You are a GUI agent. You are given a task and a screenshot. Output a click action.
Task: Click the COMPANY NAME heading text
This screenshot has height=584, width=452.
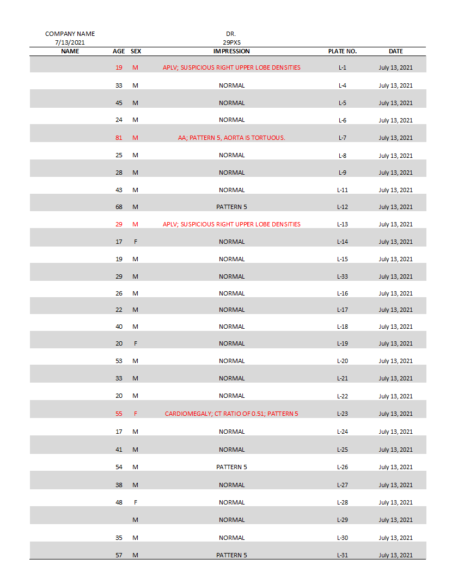(70, 34)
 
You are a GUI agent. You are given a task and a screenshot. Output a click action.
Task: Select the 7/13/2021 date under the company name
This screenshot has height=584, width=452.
(70, 42)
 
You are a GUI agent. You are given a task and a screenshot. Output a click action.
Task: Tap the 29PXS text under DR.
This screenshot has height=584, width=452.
(231, 42)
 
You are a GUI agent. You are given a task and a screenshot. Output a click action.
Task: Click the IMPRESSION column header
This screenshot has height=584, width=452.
(231, 51)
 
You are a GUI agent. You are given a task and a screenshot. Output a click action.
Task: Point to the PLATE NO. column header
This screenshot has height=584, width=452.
(342, 51)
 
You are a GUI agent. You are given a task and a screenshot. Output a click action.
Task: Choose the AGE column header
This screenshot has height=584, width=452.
(119, 51)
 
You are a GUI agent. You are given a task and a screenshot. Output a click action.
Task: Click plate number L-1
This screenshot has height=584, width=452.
(342, 68)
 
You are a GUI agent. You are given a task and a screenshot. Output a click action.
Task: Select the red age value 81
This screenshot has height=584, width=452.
(119, 138)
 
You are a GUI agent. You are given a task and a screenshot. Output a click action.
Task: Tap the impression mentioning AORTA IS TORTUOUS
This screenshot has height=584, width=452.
(231, 138)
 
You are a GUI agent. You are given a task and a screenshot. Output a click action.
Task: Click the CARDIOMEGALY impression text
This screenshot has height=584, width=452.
(231, 414)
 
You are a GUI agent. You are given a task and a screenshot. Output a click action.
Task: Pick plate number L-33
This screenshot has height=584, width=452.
(342, 276)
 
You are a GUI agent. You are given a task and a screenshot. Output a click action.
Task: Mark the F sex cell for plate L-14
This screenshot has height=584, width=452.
(135, 242)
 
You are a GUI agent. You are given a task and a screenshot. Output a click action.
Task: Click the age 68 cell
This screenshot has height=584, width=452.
(119, 207)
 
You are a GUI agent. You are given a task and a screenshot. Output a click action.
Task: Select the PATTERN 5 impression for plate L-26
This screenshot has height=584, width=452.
(231, 467)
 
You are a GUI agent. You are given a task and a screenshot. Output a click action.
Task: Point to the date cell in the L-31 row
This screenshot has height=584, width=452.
(395, 555)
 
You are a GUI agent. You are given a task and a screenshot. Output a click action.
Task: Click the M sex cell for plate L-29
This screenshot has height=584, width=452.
(135, 520)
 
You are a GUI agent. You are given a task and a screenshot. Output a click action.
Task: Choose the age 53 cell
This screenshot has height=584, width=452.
(119, 361)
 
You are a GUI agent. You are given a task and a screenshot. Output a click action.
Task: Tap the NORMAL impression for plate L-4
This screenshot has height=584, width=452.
(231, 85)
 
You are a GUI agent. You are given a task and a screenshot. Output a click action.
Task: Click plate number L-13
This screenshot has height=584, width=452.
(342, 224)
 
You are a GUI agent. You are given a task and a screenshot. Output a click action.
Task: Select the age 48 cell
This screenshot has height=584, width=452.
(119, 502)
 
